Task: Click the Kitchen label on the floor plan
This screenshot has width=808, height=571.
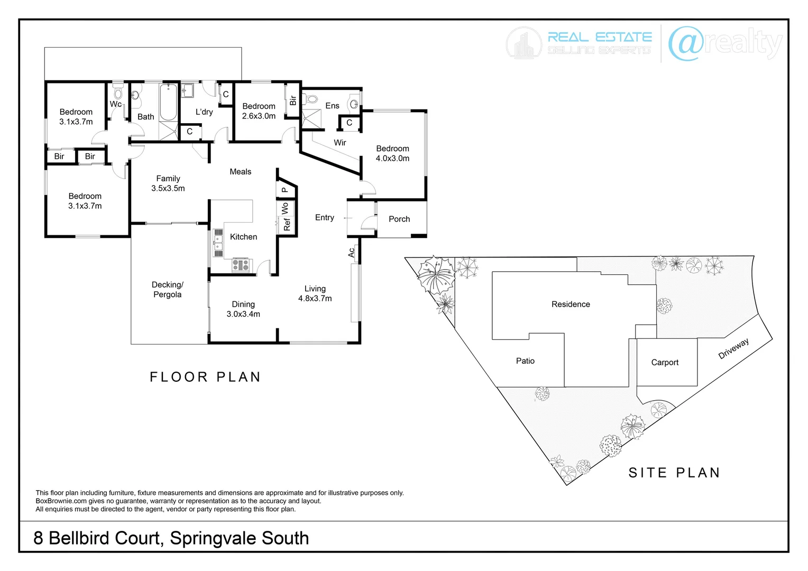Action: pyautogui.click(x=243, y=237)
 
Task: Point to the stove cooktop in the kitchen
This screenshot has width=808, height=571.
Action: pyautogui.click(x=241, y=265)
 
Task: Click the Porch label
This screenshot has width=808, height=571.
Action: pyautogui.click(x=399, y=219)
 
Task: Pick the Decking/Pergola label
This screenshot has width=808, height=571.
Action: pyautogui.click(x=167, y=290)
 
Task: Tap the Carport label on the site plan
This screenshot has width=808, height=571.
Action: pyautogui.click(x=665, y=362)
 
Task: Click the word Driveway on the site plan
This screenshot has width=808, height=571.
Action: pyautogui.click(x=733, y=349)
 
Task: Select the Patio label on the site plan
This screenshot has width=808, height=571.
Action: pyautogui.click(x=525, y=361)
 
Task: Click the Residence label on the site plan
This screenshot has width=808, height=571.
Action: pyautogui.click(x=571, y=304)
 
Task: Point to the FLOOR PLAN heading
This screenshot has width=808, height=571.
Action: pyautogui.click(x=205, y=377)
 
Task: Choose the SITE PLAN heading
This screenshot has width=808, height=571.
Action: pyautogui.click(x=674, y=473)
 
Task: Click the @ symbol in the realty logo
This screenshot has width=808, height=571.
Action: pyautogui.click(x=686, y=43)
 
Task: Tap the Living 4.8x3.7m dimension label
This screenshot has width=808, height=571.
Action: pyautogui.click(x=315, y=293)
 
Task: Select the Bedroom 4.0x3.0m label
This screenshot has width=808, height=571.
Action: pyautogui.click(x=392, y=153)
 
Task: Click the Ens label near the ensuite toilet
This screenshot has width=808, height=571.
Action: pyautogui.click(x=332, y=106)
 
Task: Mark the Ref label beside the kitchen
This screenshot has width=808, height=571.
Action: pyautogui.click(x=287, y=224)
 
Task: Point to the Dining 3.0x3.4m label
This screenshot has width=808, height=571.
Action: pyautogui.click(x=243, y=309)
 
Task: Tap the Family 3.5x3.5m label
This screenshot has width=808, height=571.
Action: pyautogui.click(x=168, y=183)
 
